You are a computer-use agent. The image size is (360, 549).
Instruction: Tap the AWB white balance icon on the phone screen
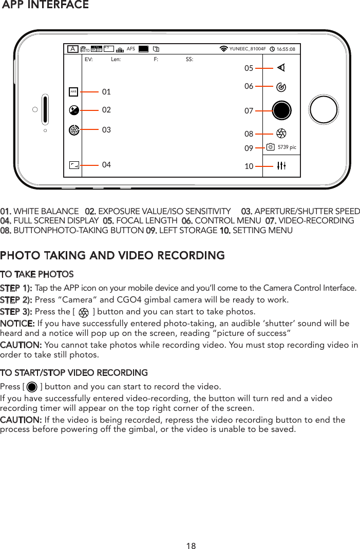click(x=74, y=92)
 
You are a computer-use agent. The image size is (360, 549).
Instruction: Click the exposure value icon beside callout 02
click(x=74, y=110)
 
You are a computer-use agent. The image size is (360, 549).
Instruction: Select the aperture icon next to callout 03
click(x=74, y=130)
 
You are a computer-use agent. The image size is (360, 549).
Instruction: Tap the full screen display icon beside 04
click(x=74, y=165)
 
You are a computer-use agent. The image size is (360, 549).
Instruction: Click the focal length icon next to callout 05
click(x=281, y=68)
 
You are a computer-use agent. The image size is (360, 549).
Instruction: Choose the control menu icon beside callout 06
click(x=281, y=87)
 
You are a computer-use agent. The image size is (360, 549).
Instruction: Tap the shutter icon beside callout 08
click(x=281, y=134)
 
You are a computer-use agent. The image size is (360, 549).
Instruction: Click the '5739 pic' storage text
click(x=287, y=147)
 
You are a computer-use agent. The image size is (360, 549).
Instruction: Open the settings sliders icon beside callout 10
click(x=281, y=165)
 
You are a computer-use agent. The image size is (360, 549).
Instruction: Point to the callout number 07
click(x=249, y=110)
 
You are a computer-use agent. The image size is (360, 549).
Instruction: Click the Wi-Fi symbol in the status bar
click(x=223, y=49)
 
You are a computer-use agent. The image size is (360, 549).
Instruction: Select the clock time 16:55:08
click(x=286, y=49)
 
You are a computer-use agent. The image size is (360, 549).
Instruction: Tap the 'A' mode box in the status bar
click(x=73, y=49)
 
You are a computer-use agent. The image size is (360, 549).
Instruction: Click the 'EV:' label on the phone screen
click(x=88, y=60)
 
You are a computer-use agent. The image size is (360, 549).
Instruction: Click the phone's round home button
click(x=324, y=109)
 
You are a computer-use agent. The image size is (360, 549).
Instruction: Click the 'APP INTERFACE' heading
click(x=45, y=5)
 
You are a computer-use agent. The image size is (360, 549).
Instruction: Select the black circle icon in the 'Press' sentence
click(x=32, y=387)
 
